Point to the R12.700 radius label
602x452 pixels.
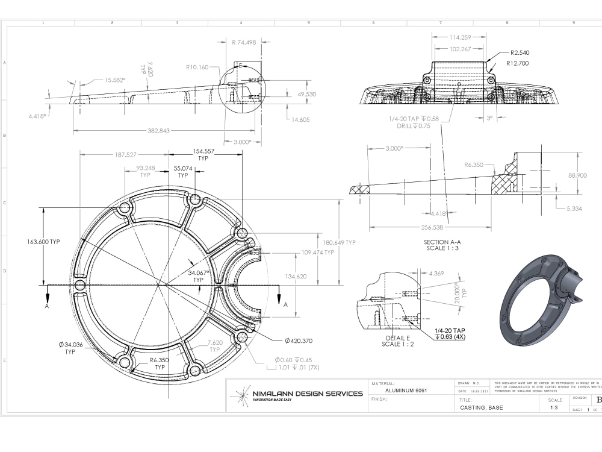click(x=518, y=63)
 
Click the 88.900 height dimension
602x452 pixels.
click(x=577, y=175)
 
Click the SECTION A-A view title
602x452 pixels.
click(x=442, y=242)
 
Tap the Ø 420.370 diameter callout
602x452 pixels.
click(x=294, y=341)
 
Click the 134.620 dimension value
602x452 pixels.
click(x=295, y=277)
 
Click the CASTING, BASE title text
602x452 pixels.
click(x=481, y=407)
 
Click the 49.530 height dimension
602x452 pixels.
click(x=306, y=95)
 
